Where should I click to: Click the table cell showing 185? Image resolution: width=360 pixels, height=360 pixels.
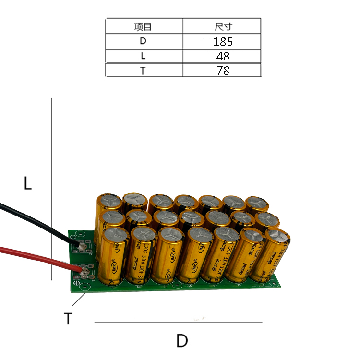pyautogui.click(x=222, y=41)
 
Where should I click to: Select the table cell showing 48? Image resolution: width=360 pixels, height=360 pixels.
pyautogui.click(x=222, y=56)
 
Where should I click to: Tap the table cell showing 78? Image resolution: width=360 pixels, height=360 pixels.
pyautogui.click(x=222, y=71)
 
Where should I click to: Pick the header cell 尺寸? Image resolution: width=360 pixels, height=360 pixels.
pyautogui.click(x=222, y=26)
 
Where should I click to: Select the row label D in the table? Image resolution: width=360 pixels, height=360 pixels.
pyautogui.click(x=143, y=41)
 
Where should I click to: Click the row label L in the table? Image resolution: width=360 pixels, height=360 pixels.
pyautogui.click(x=143, y=56)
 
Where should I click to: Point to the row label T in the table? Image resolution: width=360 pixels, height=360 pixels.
pyautogui.click(x=143, y=71)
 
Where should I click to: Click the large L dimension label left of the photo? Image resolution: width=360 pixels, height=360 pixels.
pyautogui.click(x=28, y=183)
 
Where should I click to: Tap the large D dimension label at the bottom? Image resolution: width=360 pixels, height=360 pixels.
pyautogui.click(x=181, y=341)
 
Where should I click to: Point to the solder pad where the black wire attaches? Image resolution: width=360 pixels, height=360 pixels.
pyautogui.click(x=82, y=246)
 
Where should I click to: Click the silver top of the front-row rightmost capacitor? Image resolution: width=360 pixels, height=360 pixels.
pyautogui.click(x=277, y=236)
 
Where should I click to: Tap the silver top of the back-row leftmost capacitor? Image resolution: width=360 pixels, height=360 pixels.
pyautogui.click(x=109, y=201)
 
